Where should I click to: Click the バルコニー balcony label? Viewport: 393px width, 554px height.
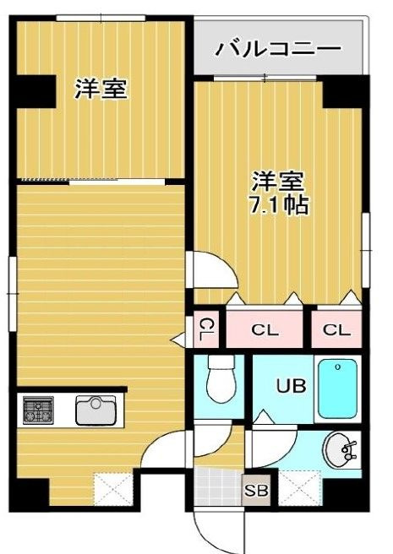pos(279,49)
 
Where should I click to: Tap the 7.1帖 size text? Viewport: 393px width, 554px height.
pos(279,204)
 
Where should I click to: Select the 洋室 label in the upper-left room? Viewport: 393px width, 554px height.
pos(101,89)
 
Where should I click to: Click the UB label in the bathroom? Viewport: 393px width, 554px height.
pos(291,385)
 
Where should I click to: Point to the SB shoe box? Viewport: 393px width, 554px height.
pos(256,490)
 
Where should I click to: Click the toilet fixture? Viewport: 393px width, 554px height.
pos(221,378)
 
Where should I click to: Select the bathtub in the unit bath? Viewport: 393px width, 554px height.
pos(337,388)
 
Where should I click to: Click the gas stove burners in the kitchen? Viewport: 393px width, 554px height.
pos(38,410)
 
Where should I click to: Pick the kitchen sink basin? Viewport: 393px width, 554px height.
pos(96,410)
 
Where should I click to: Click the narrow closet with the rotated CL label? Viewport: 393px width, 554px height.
pos(206,329)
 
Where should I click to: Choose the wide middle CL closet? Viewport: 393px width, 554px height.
pos(265,329)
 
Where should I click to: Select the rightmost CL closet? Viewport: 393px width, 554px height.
pos(336,329)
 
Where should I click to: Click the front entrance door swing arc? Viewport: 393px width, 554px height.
pos(199,534)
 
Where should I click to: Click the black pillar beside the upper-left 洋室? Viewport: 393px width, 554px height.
pos(33,91)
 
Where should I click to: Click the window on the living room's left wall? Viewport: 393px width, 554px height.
pos(13,294)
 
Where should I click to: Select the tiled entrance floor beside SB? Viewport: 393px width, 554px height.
pos(217,486)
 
